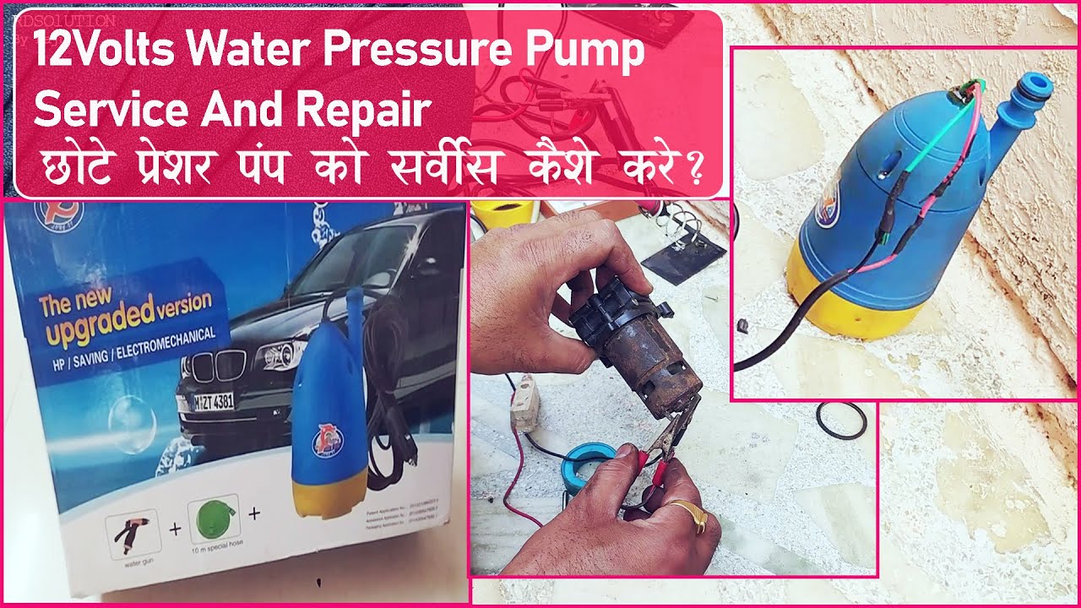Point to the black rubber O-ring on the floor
(x=840, y=420)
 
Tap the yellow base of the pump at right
(x=853, y=304)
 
